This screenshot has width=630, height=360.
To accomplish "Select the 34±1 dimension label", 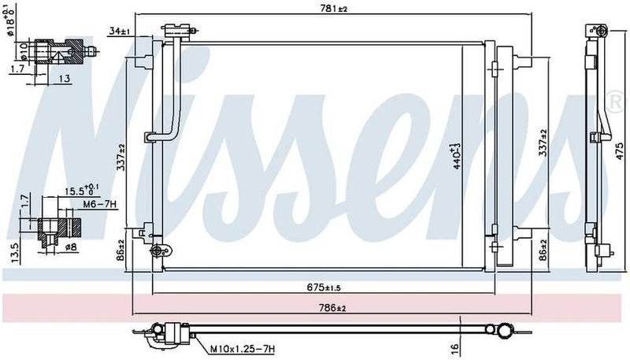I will coord(120,32).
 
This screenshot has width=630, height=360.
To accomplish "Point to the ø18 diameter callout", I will coord(10,21).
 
